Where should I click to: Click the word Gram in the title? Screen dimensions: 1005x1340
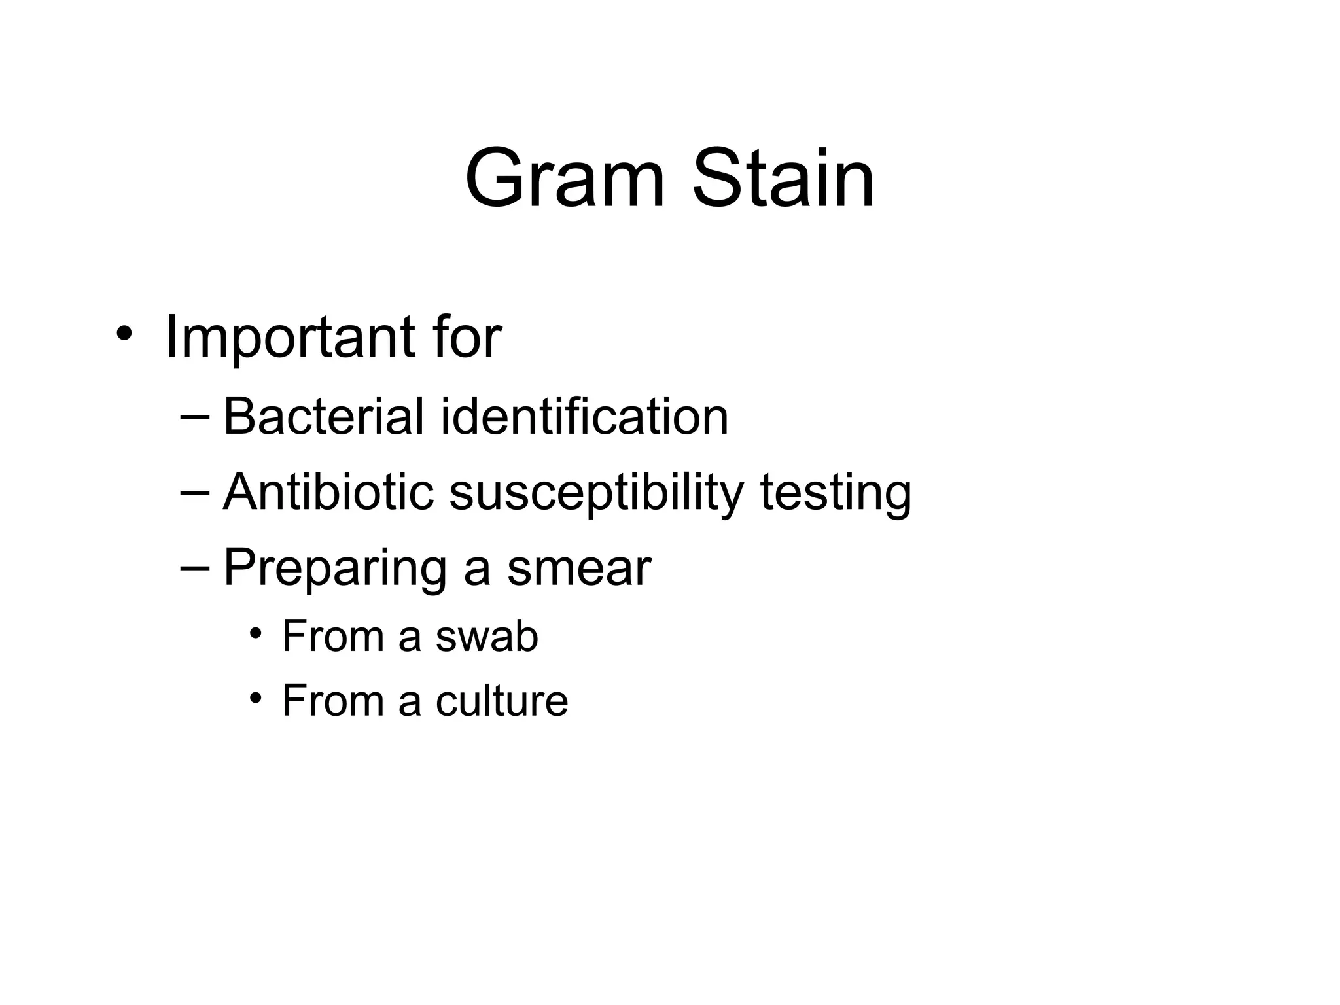click(x=565, y=178)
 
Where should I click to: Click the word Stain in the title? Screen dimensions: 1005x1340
click(x=783, y=178)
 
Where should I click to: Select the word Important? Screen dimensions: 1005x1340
click(x=289, y=338)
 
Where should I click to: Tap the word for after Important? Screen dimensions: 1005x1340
click(x=467, y=338)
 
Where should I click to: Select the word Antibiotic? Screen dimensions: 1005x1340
click(x=328, y=492)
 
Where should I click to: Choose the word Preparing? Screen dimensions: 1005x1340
click(x=335, y=568)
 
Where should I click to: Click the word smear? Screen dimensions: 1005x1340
click(x=578, y=568)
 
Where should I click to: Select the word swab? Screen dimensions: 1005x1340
click(x=486, y=636)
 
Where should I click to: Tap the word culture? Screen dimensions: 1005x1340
click(x=502, y=701)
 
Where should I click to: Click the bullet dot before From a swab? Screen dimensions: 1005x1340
click(x=256, y=633)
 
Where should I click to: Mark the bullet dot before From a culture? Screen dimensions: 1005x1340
click(x=256, y=697)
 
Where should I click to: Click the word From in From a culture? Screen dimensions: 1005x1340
click(x=332, y=701)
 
